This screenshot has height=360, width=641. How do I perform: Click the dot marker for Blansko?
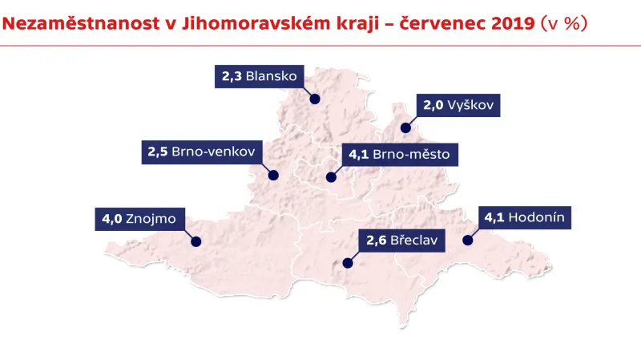click(x=315, y=99)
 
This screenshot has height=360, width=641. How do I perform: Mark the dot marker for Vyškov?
click(x=405, y=127)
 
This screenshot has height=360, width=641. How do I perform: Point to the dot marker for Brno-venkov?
click(x=273, y=175)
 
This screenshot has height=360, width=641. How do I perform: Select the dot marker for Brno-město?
click(x=329, y=177)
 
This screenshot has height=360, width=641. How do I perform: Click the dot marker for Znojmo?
click(x=196, y=241)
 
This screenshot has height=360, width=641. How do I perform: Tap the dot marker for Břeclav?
click(x=348, y=262)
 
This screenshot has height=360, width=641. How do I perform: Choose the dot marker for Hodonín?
click(x=468, y=240)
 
